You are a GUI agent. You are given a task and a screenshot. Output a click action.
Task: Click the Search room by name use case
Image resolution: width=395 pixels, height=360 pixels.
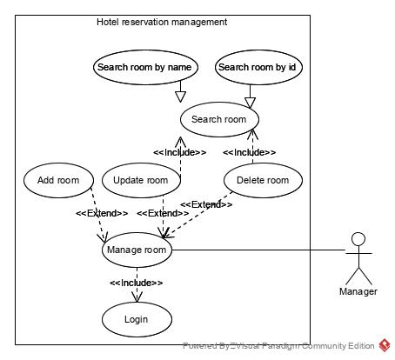pos(145,67)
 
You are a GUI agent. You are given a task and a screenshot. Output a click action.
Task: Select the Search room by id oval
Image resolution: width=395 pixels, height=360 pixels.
pos(259,67)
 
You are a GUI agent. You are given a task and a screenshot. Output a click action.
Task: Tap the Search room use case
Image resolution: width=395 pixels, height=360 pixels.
pos(218,119)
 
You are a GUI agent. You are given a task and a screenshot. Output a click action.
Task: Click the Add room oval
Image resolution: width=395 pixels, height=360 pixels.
pos(58,180)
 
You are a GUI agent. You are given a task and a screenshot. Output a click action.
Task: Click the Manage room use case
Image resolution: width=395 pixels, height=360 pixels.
pos(136,250)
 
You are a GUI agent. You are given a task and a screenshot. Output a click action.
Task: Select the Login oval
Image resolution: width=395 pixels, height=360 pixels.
pos(136,319)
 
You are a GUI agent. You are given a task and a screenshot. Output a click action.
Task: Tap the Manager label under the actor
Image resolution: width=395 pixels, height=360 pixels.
pos(358,291)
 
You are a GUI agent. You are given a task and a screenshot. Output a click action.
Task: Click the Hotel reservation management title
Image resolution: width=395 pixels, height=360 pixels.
pos(162,22)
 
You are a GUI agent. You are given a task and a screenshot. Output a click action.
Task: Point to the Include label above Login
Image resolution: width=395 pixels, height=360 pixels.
pos(136,283)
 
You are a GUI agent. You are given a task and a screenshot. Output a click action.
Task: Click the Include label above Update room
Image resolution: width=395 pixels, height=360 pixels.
pos(179,152)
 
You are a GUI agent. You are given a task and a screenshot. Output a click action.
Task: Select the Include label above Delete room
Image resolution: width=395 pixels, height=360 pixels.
pos(249,152)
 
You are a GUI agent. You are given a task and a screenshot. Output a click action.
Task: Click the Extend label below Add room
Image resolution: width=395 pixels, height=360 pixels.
pos(102,213)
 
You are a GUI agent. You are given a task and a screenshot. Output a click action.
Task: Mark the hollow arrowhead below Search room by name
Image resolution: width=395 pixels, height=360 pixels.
pos(181,95)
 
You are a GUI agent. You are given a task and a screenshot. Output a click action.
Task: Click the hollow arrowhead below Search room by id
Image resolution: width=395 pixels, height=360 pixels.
pos(251,100)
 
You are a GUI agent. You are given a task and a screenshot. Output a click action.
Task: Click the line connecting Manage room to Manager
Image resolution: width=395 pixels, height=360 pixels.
pos(261,250)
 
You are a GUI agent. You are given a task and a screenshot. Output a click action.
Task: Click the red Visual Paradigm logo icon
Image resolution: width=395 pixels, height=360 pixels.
pos(384,345)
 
